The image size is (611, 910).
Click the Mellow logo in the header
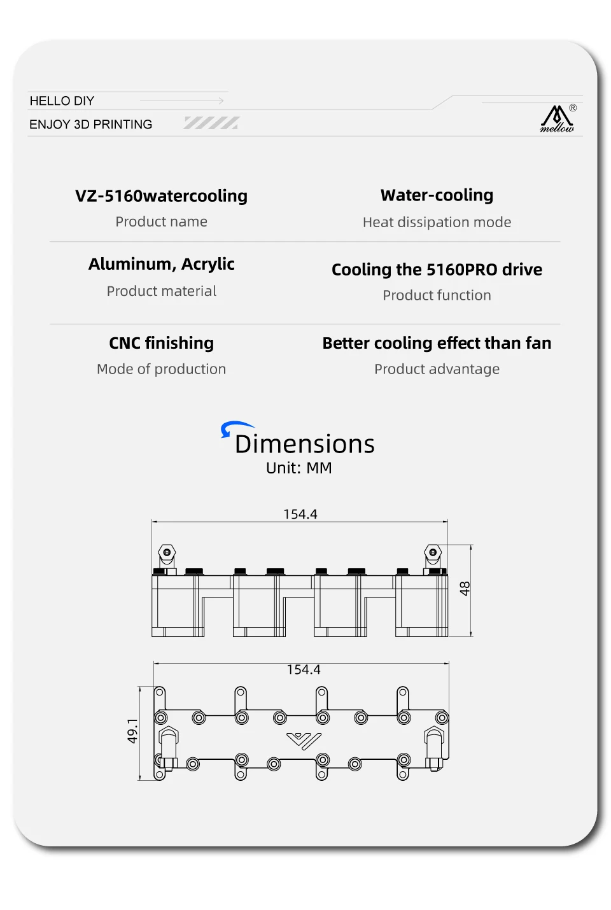tap(558, 119)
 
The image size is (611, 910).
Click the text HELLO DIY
tap(62, 101)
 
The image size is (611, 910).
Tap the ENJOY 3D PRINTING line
tap(91, 125)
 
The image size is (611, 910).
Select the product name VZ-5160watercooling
tap(162, 196)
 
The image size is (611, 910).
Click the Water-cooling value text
tap(437, 195)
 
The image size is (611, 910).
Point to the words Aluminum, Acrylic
tap(162, 264)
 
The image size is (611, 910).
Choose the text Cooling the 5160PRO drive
tap(437, 270)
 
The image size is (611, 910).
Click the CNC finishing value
tap(162, 343)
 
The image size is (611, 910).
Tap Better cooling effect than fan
tap(437, 343)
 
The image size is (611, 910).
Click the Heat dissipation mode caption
tap(437, 222)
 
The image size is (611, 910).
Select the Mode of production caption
tap(162, 369)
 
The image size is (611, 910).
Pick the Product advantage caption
tap(437, 369)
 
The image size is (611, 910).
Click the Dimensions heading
tap(305, 444)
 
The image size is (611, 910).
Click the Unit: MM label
tap(299, 468)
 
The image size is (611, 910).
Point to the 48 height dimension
tap(465, 589)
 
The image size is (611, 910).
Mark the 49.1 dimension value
tap(132, 731)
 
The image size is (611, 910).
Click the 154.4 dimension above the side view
tap(300, 514)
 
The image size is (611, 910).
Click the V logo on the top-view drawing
tap(304, 741)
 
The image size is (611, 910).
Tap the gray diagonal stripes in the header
tap(212, 123)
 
